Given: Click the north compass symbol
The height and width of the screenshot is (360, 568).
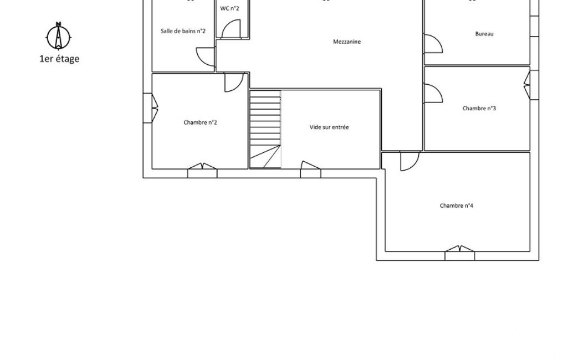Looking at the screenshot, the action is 58,36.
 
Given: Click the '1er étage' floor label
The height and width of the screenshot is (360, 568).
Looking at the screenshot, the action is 59,59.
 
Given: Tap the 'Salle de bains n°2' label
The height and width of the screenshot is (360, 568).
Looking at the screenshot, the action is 183,31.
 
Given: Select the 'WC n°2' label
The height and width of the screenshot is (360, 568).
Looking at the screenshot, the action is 229,8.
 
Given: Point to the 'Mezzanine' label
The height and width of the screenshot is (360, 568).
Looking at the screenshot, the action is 347,42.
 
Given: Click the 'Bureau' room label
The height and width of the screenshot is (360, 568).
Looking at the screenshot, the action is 484,34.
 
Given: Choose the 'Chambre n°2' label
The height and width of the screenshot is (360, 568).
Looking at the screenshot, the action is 200,122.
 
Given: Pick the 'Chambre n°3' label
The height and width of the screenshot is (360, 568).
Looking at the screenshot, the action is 479,109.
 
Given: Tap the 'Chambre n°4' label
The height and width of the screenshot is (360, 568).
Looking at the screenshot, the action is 457,205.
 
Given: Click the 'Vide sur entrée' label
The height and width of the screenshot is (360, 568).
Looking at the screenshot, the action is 329,127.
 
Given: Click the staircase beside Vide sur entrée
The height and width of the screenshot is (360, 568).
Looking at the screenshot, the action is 265,129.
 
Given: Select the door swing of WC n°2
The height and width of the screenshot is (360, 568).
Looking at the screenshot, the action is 231,29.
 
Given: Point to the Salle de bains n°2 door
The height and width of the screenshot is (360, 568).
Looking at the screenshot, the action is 206,57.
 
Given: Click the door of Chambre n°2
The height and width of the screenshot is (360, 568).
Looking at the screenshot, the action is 234,83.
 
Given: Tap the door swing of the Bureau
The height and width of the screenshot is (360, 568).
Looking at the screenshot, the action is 433,44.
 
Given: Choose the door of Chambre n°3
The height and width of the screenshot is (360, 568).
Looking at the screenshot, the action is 433,94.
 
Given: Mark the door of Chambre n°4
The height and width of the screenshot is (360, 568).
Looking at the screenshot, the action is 410,161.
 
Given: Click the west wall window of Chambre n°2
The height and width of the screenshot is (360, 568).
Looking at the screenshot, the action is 151,108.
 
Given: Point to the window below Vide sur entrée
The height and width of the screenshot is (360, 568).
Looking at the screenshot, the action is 310,169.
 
